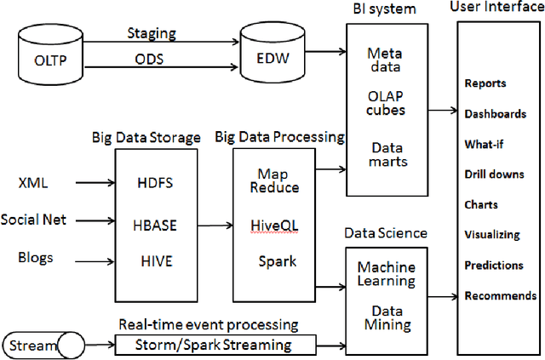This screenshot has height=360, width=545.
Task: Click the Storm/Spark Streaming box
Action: pos(214,345)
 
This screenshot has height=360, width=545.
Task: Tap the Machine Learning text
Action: pos(386,274)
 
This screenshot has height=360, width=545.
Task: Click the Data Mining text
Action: pos(385,317)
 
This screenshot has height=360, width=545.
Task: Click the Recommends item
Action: pos(501,296)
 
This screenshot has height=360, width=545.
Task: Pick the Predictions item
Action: pos(494,266)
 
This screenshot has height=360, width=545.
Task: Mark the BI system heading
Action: pos(384,9)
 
